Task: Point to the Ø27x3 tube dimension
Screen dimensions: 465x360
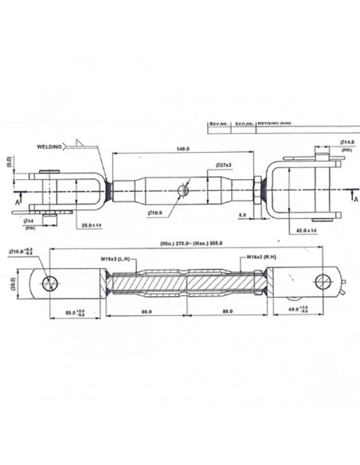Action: [x=222, y=166]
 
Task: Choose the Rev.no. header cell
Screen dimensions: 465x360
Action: [x=218, y=124]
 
